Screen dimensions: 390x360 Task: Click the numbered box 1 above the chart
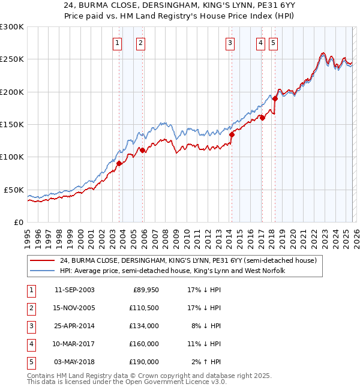[116, 43]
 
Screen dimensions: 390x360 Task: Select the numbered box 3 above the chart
[230, 43]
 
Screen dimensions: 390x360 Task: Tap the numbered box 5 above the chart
[273, 43]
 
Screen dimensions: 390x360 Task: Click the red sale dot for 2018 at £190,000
[275, 98]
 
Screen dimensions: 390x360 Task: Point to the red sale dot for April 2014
[232, 134]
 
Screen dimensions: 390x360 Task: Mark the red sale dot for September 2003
[119, 163]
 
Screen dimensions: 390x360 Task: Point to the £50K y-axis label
[14, 190]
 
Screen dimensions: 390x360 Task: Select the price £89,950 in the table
[145, 289]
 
